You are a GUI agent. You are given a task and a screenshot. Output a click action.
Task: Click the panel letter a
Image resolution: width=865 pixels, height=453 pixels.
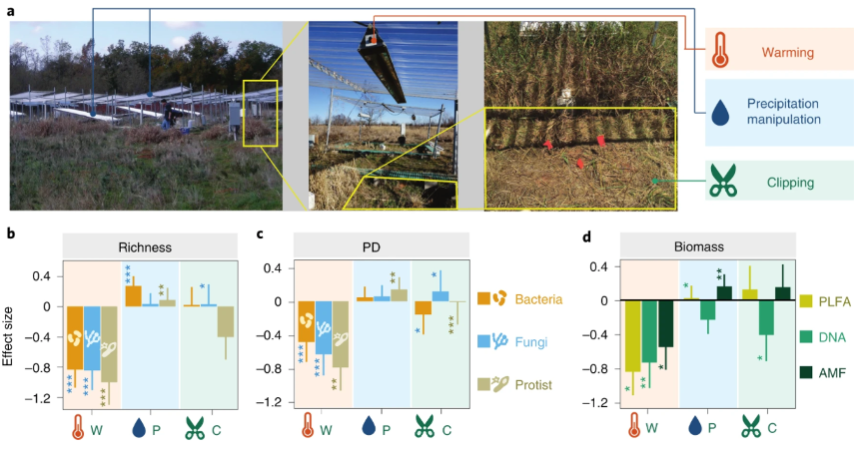[x=11, y=9]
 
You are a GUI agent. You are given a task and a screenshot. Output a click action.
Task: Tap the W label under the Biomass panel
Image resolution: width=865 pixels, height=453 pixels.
[x=652, y=429]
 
